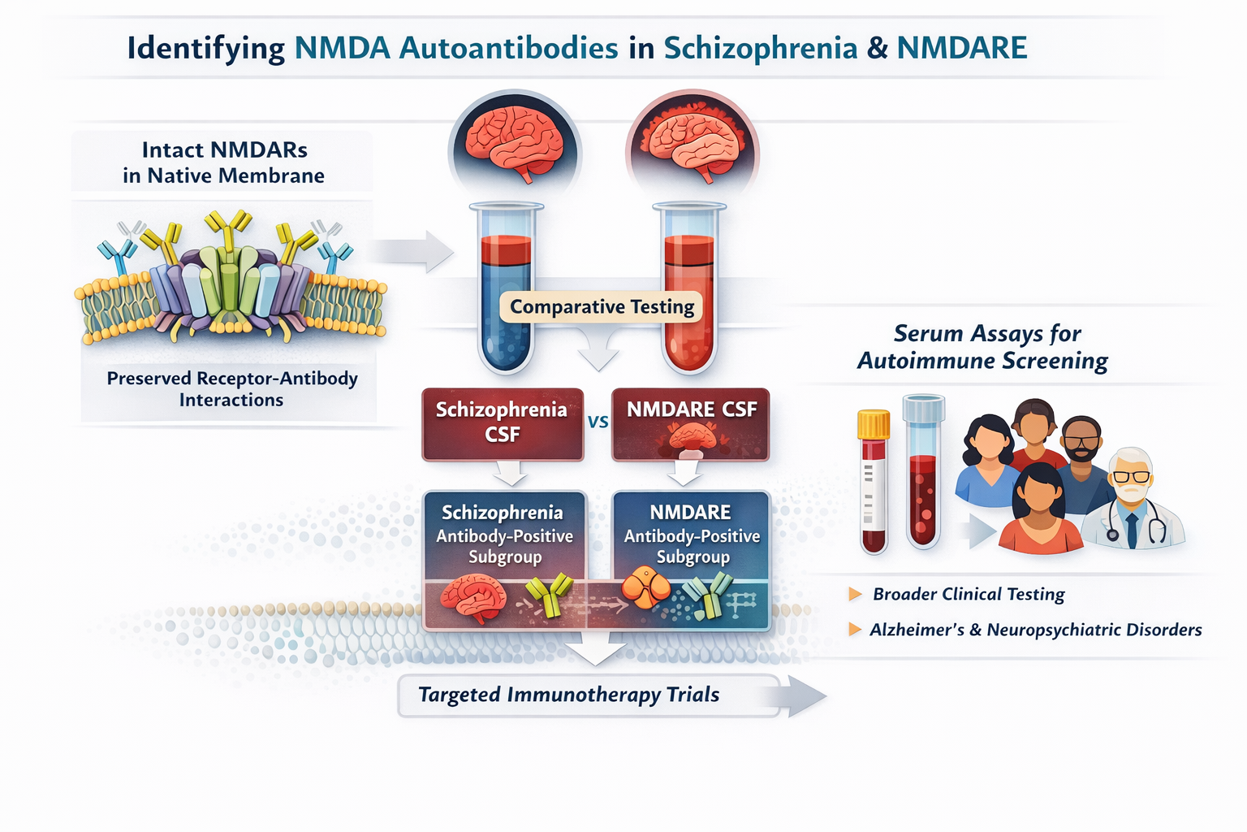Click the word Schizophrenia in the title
coord(761,48)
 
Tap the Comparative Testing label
coord(602,307)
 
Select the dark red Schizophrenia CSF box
coord(502,423)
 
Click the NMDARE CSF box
coord(691,423)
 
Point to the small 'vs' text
coord(598,422)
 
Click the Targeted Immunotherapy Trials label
coord(568,695)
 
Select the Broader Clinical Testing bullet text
coord(969,594)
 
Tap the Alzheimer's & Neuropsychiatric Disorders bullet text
coord(1035,630)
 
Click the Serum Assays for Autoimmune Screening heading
coord(983,347)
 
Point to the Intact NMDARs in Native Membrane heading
coord(223,162)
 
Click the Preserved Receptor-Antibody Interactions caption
coord(232,388)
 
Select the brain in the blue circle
coord(514,142)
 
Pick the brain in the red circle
coord(693,142)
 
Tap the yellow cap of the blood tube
coord(874,424)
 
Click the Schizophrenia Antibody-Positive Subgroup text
coord(504,535)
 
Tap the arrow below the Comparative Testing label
coord(598,352)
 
